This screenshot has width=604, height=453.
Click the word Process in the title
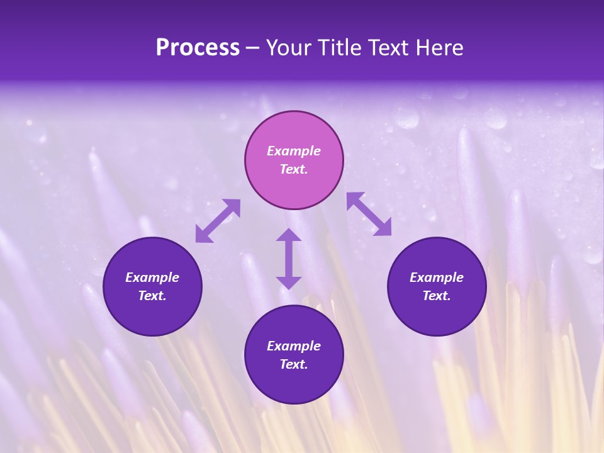198,48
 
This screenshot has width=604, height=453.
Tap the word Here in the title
439,48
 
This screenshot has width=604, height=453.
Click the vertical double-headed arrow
289,259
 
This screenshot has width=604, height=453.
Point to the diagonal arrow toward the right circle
369,214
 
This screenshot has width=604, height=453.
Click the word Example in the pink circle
294,151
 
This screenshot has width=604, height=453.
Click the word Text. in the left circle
152,296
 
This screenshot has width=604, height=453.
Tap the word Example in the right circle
437,277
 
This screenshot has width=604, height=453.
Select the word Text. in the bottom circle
294,364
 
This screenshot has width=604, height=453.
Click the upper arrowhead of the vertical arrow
289,236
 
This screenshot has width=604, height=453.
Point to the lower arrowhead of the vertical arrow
289,282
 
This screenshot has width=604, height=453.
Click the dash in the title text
253,48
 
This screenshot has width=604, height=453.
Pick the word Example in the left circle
152,277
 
